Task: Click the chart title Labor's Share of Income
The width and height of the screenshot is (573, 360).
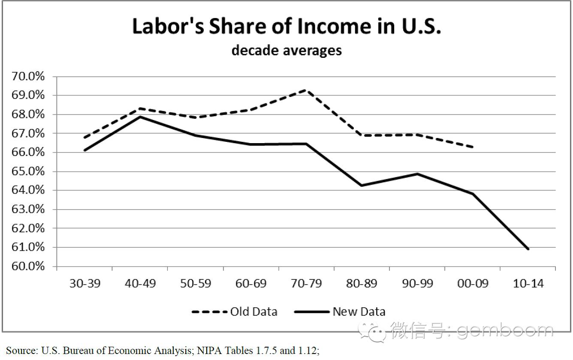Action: [286, 26]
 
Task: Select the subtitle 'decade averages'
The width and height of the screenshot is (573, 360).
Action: [286, 50]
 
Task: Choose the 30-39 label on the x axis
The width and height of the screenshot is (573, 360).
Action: [85, 284]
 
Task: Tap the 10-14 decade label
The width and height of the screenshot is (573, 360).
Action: [528, 284]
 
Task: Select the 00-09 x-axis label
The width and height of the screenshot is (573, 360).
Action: [473, 284]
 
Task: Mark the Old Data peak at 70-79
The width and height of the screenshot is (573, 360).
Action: [306, 90]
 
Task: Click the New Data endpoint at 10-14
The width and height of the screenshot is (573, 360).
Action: [528, 249]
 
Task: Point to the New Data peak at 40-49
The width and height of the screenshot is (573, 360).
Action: [140, 117]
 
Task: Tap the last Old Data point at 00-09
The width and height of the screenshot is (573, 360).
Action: [473, 147]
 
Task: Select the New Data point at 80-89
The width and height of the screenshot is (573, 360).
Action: [362, 185]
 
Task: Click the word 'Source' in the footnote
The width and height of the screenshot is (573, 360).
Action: [21, 351]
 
